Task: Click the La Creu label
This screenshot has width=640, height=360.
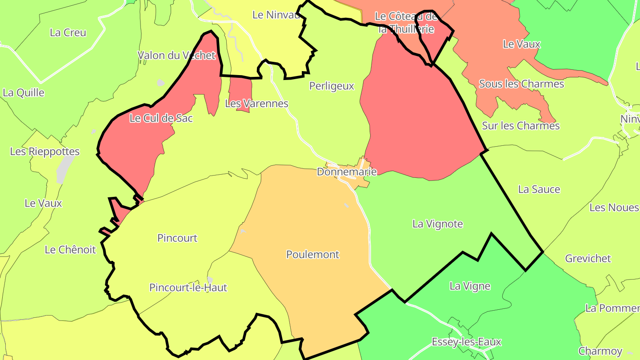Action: pyautogui.click(x=68, y=32)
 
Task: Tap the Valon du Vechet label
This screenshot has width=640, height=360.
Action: pyautogui.click(x=176, y=56)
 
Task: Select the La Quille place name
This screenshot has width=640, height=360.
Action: pyautogui.click(x=24, y=92)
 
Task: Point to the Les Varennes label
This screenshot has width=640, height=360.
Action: pyautogui.click(x=256, y=104)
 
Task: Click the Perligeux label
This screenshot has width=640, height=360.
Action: pyautogui.click(x=332, y=86)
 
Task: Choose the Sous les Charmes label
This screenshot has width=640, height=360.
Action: pyautogui.click(x=521, y=84)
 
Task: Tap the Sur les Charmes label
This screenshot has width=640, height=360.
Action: pyautogui.click(x=521, y=126)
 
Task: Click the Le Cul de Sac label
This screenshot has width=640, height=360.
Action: pyautogui.click(x=161, y=118)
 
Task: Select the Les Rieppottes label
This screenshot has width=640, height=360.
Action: pyautogui.click(x=45, y=152)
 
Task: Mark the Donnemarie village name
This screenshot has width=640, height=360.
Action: pyautogui.click(x=347, y=172)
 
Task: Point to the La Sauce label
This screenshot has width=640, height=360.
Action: pyautogui.click(x=539, y=189)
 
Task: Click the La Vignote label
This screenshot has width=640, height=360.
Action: pyautogui.click(x=438, y=224)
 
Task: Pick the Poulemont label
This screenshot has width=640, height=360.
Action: pyautogui.click(x=312, y=255)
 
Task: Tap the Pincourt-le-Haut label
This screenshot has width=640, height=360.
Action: pyautogui.click(x=188, y=288)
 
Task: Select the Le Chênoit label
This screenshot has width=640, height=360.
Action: pyautogui.click(x=70, y=250)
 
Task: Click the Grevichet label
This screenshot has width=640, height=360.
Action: pyautogui.click(x=588, y=258)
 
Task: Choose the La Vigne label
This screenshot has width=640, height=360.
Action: pyautogui.click(x=470, y=286)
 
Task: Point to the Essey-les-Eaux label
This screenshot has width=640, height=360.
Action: pyautogui.click(x=467, y=342)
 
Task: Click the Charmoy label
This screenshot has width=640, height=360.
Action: pyautogui.click(x=600, y=351)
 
